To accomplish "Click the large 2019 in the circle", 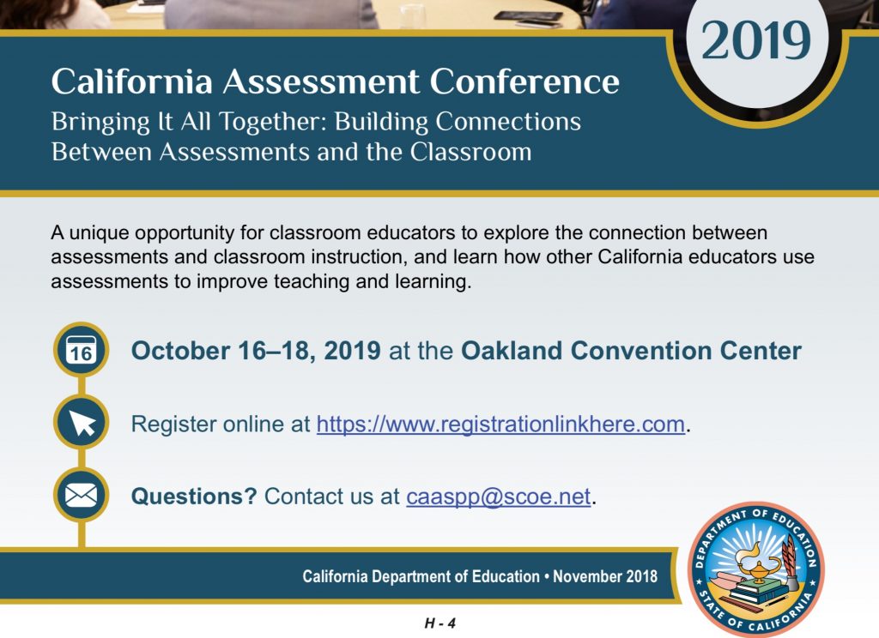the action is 755,40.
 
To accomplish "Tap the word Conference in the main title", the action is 524,81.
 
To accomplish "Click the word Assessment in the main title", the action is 321,81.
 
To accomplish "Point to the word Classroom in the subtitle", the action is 470,152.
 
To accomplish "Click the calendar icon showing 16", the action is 82,350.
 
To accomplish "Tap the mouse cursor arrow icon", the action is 82,422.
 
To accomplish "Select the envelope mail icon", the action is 82,495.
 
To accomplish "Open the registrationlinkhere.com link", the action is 500,424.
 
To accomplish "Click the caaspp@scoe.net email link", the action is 499,497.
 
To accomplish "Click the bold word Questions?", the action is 194,497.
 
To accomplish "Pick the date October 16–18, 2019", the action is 256,352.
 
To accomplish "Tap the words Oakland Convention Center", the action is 631,352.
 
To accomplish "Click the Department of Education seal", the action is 756,569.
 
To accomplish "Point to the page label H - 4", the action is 440,623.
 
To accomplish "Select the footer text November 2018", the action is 605,576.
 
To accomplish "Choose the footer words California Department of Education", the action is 421,576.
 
